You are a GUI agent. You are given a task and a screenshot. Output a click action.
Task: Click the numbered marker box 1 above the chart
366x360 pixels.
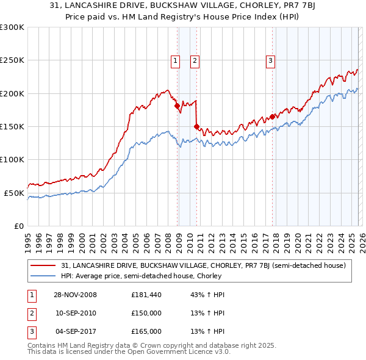[x=175, y=60]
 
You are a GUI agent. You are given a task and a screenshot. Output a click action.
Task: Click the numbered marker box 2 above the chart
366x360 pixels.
[x=195, y=60]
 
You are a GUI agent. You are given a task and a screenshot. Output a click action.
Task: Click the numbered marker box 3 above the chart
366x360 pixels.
[x=270, y=60]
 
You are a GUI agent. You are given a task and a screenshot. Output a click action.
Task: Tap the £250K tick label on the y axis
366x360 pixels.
[x=12, y=60]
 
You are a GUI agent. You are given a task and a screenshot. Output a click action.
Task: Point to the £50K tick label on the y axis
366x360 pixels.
[x=15, y=193]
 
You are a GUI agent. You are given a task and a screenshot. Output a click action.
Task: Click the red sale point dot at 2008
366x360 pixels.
[x=178, y=106]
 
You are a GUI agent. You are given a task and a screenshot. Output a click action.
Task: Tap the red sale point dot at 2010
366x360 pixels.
[x=196, y=126]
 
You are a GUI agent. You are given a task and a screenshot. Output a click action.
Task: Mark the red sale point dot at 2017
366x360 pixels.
[x=272, y=117]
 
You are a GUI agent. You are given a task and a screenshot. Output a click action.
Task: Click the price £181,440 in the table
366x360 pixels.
[x=146, y=295]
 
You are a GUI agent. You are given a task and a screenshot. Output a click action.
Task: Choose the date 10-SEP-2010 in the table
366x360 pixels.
[x=76, y=313]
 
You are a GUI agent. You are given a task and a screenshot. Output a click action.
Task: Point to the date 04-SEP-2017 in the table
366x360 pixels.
[x=76, y=331]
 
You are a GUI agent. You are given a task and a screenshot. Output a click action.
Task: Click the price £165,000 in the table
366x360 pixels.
[x=146, y=331]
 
